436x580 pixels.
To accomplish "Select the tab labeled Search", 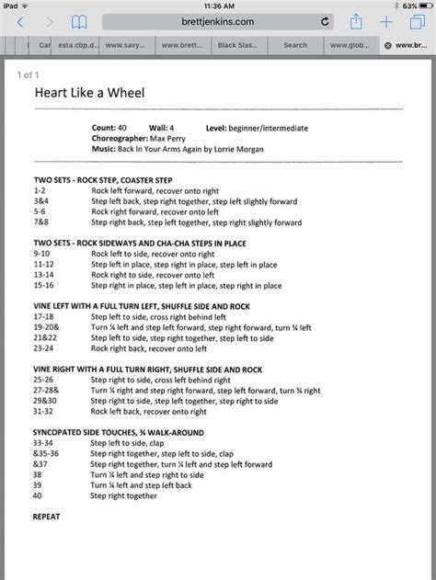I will (295, 44).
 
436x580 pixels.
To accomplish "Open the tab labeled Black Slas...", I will (238, 44).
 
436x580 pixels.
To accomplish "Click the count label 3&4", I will (41, 199).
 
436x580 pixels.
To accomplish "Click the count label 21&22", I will (45, 338).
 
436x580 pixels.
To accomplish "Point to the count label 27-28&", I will (46, 390).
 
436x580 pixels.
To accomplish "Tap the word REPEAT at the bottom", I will (46, 517).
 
